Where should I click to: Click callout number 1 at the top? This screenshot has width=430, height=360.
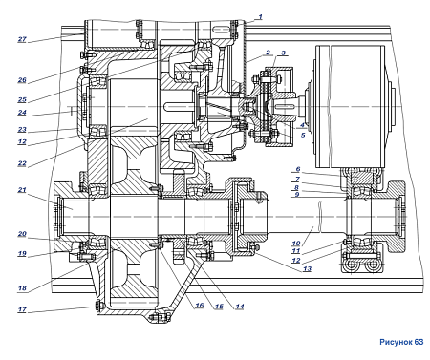[260, 17]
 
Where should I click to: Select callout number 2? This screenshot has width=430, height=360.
[269, 53]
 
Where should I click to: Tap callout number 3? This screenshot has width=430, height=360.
[283, 53]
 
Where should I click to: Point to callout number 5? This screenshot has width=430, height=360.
[303, 135]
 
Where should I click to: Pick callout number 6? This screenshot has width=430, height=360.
[298, 169]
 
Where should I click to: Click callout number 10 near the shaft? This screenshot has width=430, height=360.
[296, 244]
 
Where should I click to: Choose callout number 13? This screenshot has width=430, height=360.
[307, 269]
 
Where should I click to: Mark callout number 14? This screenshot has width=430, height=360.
[240, 307]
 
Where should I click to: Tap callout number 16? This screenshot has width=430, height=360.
[199, 306]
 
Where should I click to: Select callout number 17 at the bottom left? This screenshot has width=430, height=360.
[22, 309]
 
